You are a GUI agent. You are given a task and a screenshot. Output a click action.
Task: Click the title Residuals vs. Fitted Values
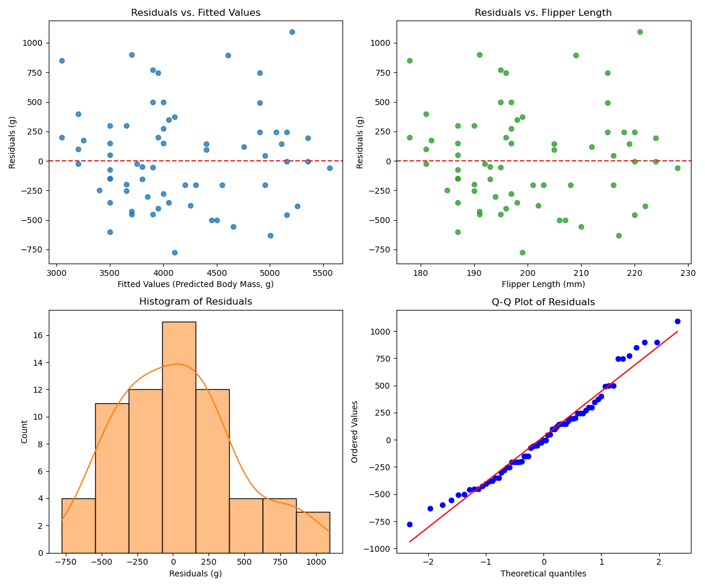tap(196, 13)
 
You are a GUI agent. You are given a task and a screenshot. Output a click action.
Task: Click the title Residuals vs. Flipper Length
tap(543, 13)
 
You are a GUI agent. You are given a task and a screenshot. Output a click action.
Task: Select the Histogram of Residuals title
tap(196, 302)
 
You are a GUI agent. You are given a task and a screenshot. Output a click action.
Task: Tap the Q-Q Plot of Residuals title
tap(543, 302)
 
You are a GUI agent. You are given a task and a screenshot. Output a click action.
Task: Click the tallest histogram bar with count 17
tap(179, 437)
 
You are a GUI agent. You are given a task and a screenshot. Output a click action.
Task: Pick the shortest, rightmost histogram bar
tap(313, 532)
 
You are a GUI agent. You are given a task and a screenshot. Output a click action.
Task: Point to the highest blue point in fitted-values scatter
tap(292, 32)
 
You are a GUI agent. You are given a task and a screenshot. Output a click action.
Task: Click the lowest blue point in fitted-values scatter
tap(174, 252)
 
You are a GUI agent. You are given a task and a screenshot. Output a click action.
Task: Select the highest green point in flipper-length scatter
tap(640, 32)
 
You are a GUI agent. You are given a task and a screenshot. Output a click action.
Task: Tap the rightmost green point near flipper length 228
tap(677, 168)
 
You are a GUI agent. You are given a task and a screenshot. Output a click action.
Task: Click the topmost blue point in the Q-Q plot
tap(677, 321)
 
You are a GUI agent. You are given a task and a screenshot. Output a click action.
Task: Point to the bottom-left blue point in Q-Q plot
tap(409, 524)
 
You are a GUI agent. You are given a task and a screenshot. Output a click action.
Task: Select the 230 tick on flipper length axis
tap(688, 273)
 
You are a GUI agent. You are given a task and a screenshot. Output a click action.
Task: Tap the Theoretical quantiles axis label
tap(543, 573)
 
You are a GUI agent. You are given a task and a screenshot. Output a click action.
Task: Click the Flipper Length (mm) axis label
tap(543, 284)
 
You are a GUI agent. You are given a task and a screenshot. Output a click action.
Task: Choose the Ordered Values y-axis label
tap(355, 431)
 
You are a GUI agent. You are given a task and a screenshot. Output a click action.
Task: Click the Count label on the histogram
tap(25, 431)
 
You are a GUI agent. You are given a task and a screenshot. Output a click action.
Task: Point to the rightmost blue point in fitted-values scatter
tap(330, 168)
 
